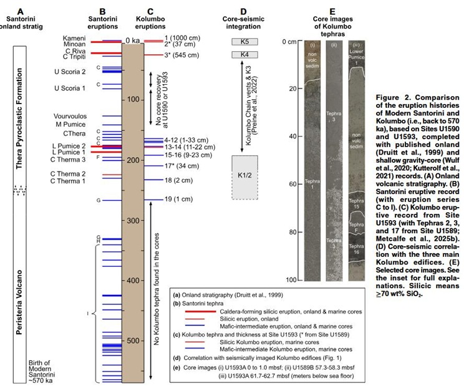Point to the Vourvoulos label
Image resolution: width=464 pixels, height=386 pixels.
tap(67, 117)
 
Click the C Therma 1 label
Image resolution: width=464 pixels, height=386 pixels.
tap(68, 181)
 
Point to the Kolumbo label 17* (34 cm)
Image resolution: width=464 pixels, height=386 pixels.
tap(181, 166)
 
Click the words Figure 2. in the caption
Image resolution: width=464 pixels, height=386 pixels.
tap(394, 98)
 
